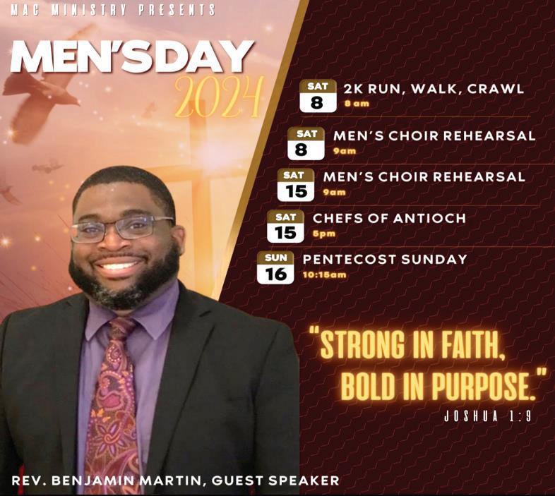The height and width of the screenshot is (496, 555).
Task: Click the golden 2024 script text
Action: pos(219,97)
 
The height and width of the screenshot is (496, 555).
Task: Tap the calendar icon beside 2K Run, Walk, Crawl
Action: pos(318,96)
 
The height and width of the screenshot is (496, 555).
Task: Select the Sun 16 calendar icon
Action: pos(275,267)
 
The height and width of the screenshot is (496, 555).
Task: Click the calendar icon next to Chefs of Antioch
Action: pos(285,226)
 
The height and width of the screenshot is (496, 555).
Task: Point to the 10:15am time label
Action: pos(325,275)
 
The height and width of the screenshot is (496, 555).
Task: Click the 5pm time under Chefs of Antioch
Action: pos(324,234)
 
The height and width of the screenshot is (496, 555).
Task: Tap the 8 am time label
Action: pos(357,104)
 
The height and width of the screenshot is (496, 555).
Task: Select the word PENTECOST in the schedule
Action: pos(350,260)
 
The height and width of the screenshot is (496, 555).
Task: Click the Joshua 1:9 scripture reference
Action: pos(488,417)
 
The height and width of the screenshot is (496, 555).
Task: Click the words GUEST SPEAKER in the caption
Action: pos(275,480)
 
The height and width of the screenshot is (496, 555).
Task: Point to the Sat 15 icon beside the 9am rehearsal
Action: pos(296,185)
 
